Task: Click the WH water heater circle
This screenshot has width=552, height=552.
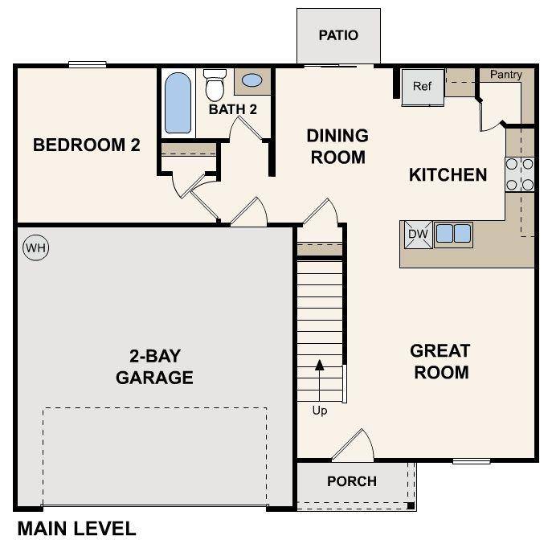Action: pos(35,248)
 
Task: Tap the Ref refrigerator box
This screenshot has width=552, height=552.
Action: pos(423,86)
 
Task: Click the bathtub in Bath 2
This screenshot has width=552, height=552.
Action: pos(178,103)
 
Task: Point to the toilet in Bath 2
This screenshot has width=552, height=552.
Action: pos(215,85)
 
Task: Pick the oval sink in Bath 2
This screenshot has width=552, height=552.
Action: pos(251,80)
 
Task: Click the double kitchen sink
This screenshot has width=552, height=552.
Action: pos(453,234)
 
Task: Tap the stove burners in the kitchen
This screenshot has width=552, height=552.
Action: pos(520,174)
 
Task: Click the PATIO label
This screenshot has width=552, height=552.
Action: pos(338,35)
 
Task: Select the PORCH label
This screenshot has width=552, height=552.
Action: pos(352,481)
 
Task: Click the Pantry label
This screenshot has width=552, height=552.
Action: pos(506,75)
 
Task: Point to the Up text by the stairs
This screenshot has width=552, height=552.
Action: pos(320,411)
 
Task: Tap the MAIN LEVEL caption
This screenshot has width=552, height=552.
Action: pos(76,529)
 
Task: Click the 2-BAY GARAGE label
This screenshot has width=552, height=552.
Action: pos(154,366)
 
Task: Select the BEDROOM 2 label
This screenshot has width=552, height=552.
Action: pos(86,145)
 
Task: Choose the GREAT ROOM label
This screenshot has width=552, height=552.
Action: pos(440,362)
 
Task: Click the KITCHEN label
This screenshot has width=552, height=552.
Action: pos(448,174)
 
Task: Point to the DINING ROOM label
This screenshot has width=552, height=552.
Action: pos(337,146)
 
